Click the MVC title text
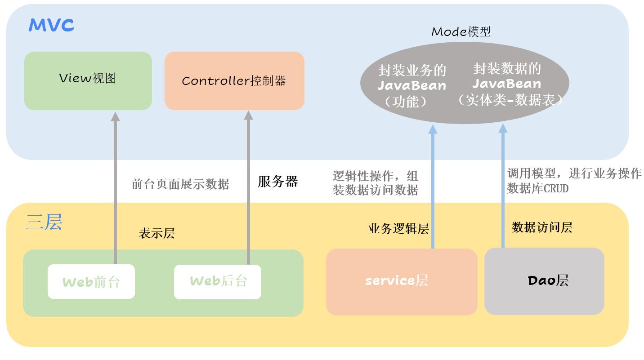click(51, 25)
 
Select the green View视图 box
click(88, 80)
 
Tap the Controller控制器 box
click(234, 80)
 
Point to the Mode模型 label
click(461, 32)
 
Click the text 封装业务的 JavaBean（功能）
click(411, 86)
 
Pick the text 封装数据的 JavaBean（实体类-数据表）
click(507, 84)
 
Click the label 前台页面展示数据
click(180, 184)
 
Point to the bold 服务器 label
click(277, 182)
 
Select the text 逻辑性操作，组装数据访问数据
click(376, 183)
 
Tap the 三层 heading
click(44, 222)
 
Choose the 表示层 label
click(157, 234)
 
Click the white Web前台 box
click(91, 282)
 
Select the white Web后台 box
click(218, 282)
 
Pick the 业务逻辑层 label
click(398, 229)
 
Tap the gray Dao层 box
click(544, 281)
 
